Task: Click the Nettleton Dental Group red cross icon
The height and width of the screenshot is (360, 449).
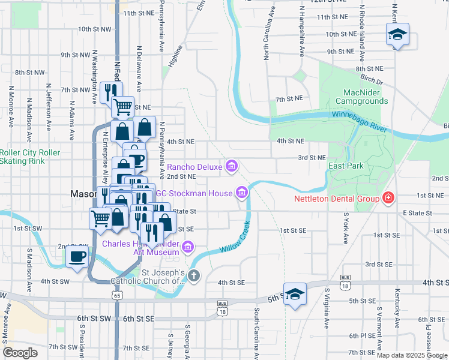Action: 388,198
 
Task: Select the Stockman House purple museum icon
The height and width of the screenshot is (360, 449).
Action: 241,193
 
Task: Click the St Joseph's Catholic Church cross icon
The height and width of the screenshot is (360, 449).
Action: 193,276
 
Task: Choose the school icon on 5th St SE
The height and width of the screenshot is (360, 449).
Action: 295,294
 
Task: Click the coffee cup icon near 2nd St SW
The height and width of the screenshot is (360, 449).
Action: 77,257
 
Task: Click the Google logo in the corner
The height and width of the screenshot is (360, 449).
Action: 20,353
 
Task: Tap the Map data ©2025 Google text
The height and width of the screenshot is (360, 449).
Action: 411,355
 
